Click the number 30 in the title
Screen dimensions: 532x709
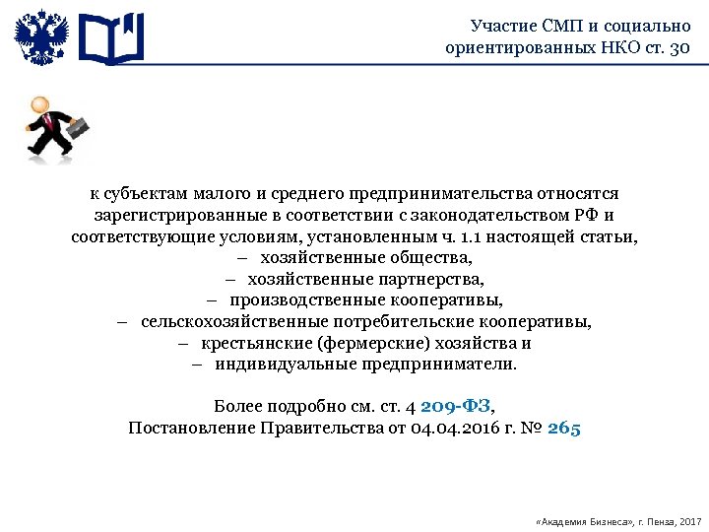click(679, 46)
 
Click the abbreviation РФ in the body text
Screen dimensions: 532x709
click(588, 216)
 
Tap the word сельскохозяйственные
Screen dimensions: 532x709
click(222, 322)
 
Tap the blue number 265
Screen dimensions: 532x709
click(564, 428)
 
